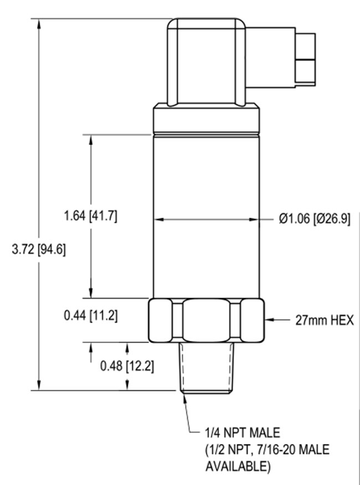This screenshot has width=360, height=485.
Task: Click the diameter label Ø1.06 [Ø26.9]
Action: point(313,219)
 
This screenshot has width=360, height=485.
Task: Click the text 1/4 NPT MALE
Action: point(243,432)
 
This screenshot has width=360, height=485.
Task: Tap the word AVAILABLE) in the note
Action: point(238,466)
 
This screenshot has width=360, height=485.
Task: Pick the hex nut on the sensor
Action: point(206,320)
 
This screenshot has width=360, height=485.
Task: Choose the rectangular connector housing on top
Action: point(207,61)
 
